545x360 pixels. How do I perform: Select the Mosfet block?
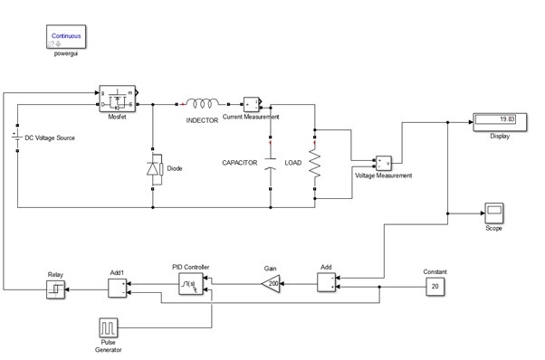[118, 97]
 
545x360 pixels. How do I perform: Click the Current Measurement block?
[251, 102]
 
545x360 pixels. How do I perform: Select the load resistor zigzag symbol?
[315, 164]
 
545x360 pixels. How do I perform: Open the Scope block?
[493, 213]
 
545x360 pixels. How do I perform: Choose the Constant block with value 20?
[435, 287]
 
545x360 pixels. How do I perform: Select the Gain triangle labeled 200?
[270, 286]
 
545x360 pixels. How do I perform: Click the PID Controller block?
[189, 286]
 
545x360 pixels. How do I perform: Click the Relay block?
[56, 289]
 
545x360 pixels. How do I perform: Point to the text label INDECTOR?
[202, 119]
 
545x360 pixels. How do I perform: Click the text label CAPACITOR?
[241, 163]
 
